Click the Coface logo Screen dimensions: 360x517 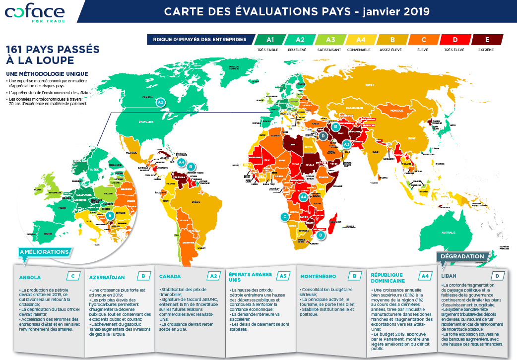pyautogui.click(x=35, y=12)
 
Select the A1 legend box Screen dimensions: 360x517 pyautogui.click(x=270, y=40)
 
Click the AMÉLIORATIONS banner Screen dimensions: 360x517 pyautogui.click(x=44, y=252)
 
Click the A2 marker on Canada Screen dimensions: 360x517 pyautogui.click(x=160, y=102)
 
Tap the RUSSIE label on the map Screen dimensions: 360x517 pyautogui.click(x=369, y=85)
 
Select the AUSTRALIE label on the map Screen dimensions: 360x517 pyautogui.click(x=449, y=232)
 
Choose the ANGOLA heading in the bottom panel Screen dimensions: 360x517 pyautogui.click(x=30, y=277)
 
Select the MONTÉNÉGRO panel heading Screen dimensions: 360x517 pyautogui.click(x=318, y=276)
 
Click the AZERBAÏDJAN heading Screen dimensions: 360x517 pyautogui.click(x=107, y=277)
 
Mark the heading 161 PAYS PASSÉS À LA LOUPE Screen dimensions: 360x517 pyautogui.click(x=52, y=55)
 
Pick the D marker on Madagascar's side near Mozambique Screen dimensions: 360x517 pyautogui.click(x=322, y=235)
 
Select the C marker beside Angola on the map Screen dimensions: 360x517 pyautogui.click(x=284, y=216)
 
